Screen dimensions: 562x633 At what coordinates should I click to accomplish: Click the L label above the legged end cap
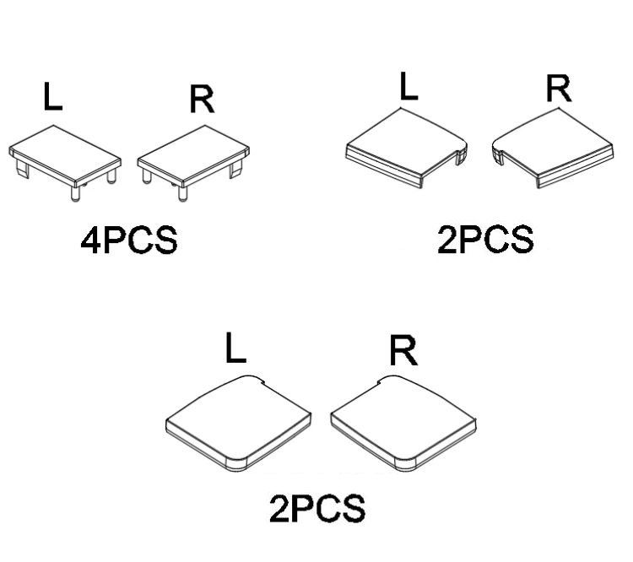(53, 97)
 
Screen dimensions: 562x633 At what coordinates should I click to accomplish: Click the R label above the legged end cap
(202, 99)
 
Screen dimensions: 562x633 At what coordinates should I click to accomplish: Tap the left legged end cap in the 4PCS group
(66, 154)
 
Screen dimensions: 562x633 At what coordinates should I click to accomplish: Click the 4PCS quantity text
(128, 240)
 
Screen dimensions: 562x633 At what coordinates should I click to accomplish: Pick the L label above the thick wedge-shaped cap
(408, 88)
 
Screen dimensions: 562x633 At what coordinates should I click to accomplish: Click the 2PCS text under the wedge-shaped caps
(485, 240)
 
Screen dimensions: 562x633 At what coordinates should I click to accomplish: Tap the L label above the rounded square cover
(235, 349)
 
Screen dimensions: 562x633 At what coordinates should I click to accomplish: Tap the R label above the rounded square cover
(403, 349)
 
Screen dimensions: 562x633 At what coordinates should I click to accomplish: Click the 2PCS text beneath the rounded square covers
(316, 509)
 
